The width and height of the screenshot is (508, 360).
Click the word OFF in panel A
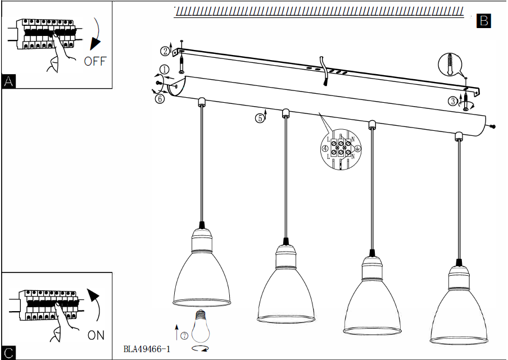tap(94, 61)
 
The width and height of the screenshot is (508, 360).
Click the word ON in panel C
tap(96, 335)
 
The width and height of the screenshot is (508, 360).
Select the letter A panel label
tap(8, 81)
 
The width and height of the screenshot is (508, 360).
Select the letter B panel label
tap(483, 21)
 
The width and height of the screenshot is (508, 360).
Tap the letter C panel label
tap(8, 353)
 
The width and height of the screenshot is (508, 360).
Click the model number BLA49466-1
tap(147, 349)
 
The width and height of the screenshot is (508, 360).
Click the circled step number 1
tap(164, 70)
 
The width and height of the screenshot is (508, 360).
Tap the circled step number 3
tap(452, 101)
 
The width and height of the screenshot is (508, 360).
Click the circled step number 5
tap(259, 119)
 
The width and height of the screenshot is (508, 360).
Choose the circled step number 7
tap(184, 336)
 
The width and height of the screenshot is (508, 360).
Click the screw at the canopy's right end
tap(493, 126)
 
